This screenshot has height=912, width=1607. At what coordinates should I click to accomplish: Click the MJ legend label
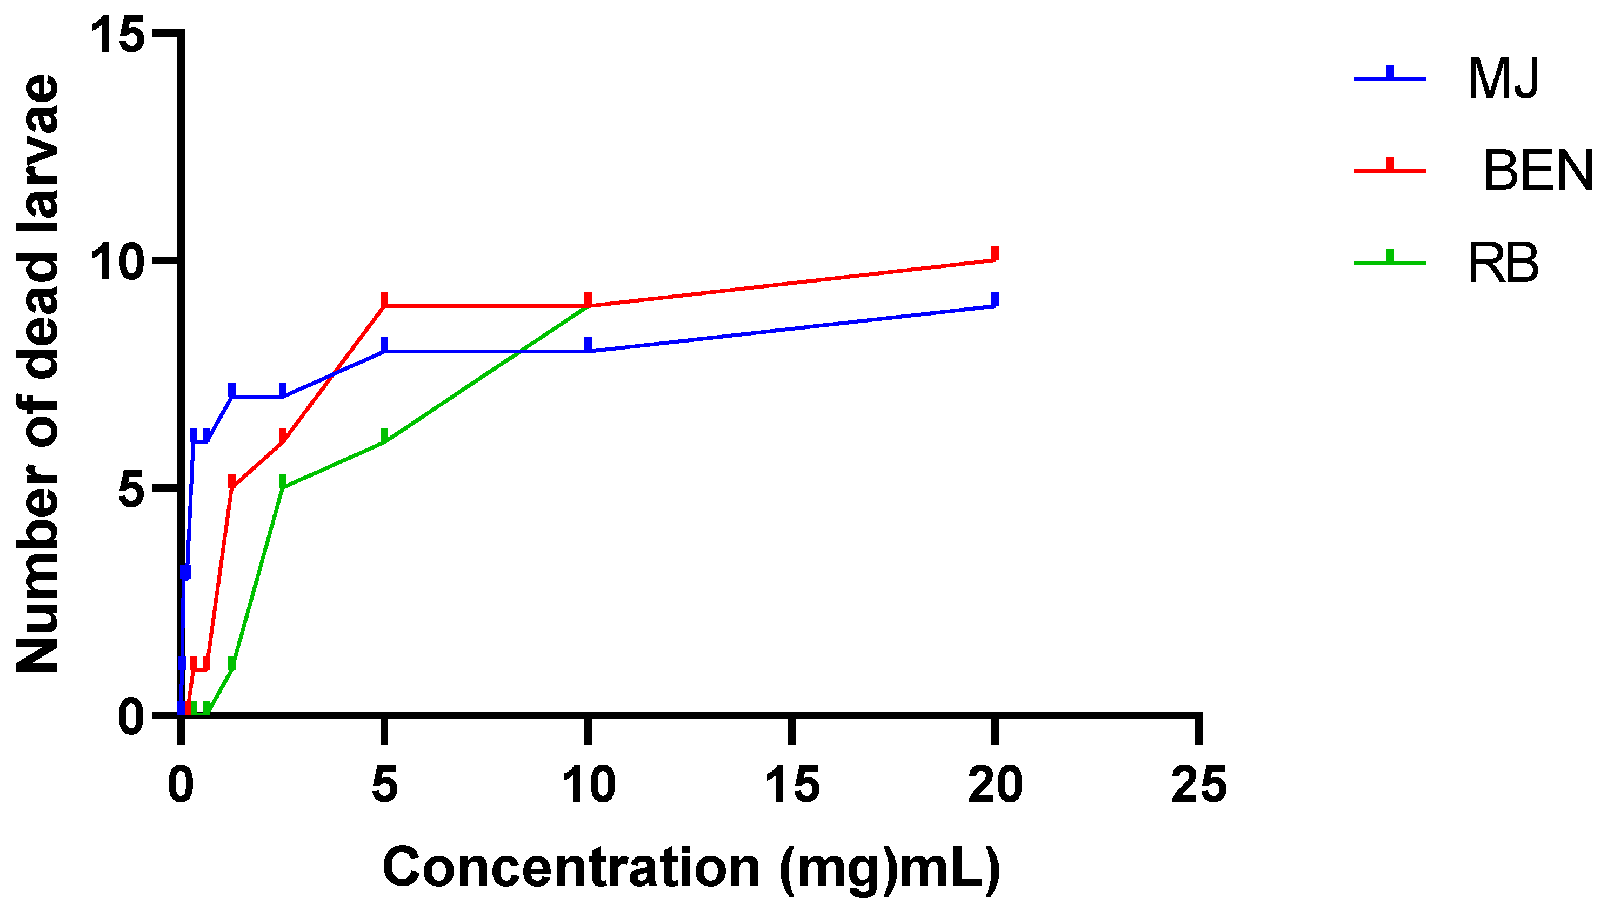tap(1503, 79)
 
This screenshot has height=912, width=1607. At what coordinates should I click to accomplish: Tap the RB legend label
tap(1503, 264)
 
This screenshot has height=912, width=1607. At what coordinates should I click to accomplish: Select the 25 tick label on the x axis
tap(1198, 786)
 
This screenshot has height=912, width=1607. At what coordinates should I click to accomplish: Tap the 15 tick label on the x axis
tap(792, 786)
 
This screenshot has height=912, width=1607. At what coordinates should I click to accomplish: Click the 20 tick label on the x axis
tap(995, 786)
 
